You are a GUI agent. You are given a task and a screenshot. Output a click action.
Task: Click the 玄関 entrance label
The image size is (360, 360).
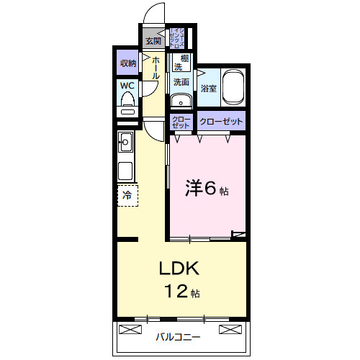tap(153, 40)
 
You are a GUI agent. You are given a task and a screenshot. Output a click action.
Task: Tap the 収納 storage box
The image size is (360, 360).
tap(128, 63)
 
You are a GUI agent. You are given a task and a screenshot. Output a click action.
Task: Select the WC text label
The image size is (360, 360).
tap(127, 85)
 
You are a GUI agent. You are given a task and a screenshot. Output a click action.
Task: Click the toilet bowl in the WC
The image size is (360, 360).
tap(128, 109)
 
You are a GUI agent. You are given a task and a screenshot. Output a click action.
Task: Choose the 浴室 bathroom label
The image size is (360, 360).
tap(209, 89)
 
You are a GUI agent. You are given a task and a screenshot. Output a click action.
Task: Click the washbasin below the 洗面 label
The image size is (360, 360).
tap(181, 100)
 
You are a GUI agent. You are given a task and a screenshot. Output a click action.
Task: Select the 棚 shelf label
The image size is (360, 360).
tap(185, 58)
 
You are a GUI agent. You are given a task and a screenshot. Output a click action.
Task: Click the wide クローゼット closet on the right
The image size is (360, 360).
tap(220, 122)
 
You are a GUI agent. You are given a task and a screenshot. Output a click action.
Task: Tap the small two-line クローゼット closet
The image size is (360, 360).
tap(181, 122)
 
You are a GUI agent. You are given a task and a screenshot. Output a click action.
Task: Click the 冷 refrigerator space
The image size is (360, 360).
tap(127, 194)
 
